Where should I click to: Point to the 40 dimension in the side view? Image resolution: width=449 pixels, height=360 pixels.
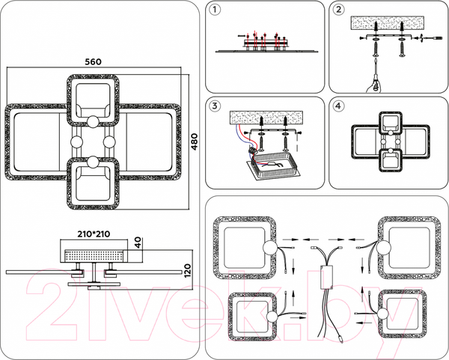pos(137,242)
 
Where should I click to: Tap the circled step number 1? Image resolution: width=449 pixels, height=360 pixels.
pos(216,11)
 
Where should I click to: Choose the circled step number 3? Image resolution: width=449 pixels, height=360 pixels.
pos(216,106)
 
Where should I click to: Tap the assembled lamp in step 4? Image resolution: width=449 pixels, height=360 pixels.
pos(390,141)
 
